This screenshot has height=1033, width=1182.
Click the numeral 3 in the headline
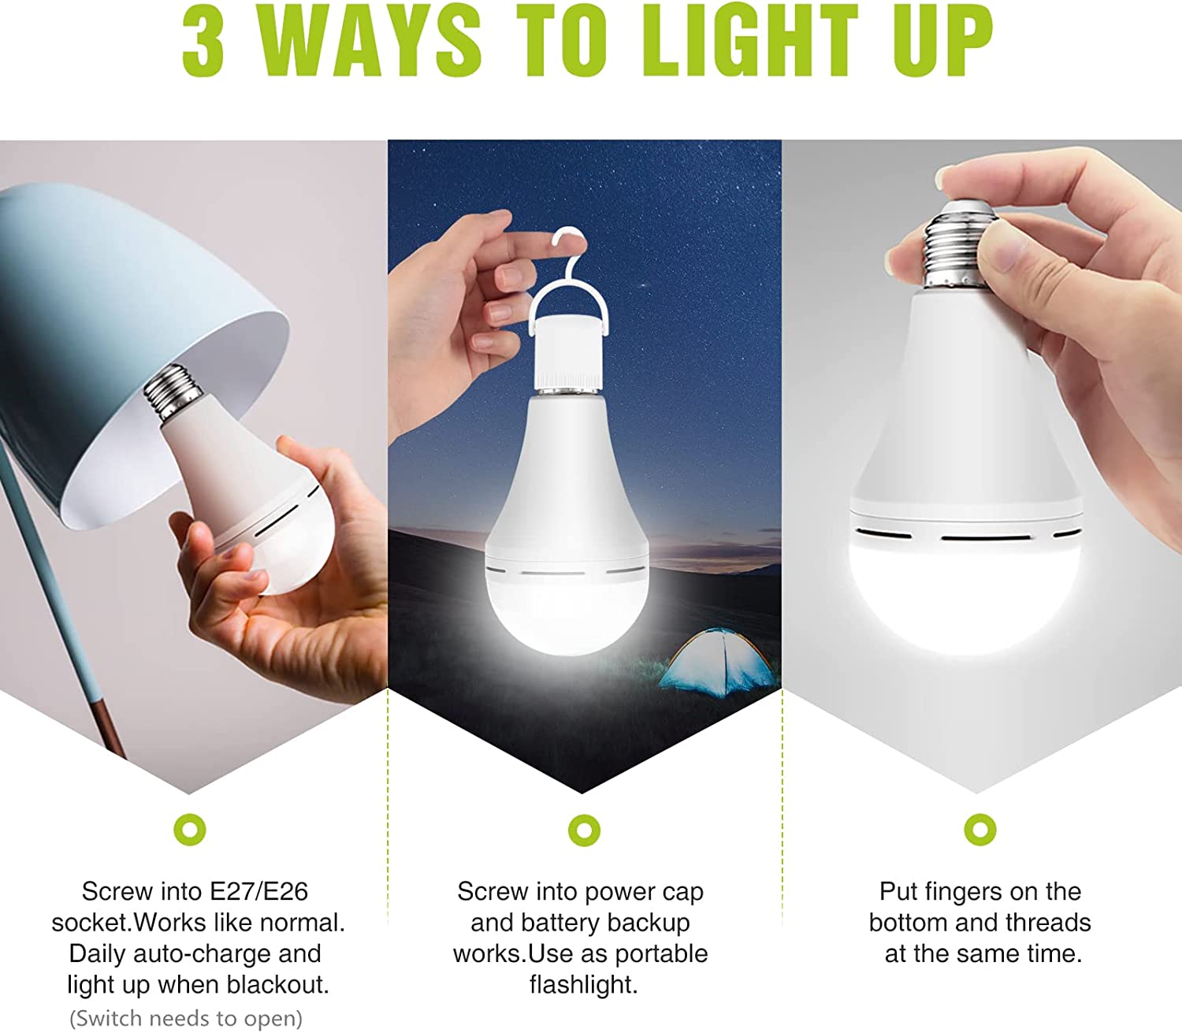[203, 43]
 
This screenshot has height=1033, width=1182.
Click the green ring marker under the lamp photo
[189, 830]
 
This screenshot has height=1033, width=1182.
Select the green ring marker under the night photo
[584, 830]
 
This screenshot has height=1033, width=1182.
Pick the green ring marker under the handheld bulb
[979, 830]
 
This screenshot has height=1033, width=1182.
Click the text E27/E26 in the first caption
[258, 891]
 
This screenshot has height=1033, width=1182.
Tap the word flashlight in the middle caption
[584, 985]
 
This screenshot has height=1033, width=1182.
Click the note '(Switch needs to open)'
[186, 1018]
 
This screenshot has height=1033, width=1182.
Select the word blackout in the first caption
[277, 984]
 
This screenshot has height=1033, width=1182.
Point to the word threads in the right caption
[1048, 923]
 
